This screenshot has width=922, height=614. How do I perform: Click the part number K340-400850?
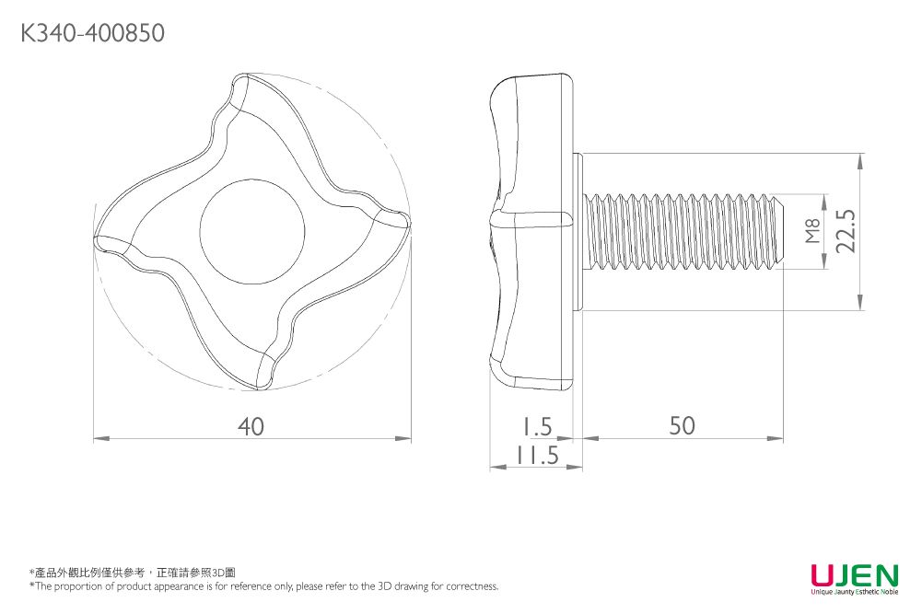point(92,34)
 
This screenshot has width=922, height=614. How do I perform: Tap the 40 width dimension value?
point(251,426)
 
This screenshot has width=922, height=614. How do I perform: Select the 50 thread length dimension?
point(683,425)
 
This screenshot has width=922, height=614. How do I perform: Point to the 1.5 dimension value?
point(534,426)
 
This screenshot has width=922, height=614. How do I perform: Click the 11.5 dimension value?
point(537,455)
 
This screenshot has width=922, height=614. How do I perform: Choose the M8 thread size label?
point(811,231)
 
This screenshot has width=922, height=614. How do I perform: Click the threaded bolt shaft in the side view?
point(682,231)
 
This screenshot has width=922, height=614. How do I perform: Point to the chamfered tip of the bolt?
point(778,231)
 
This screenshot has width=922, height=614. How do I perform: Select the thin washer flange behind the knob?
point(578,231)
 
